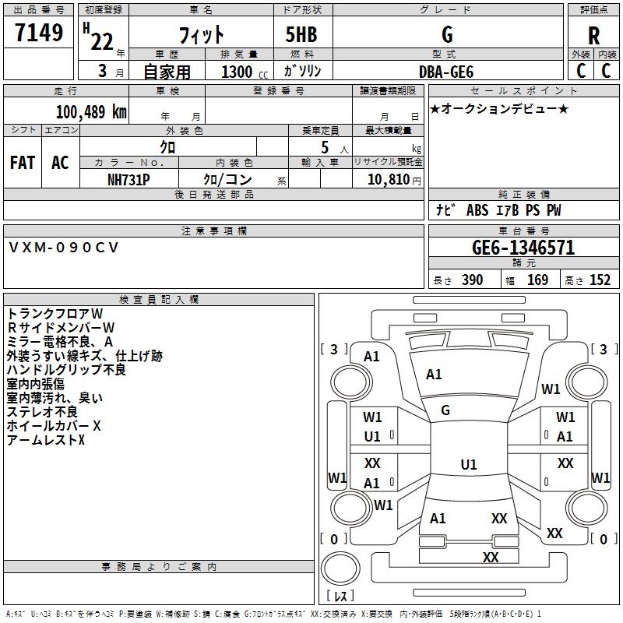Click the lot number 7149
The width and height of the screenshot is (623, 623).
click(x=39, y=35)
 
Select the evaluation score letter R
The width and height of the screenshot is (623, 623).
click(x=593, y=36)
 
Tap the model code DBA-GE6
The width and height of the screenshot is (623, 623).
click(x=445, y=71)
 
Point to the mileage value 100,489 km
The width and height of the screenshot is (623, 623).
click(x=91, y=111)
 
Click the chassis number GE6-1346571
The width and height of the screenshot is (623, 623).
click(x=523, y=248)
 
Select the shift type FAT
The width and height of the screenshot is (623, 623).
click(x=22, y=163)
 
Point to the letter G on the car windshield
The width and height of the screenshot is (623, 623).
click(x=445, y=410)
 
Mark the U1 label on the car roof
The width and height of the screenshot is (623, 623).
click(x=468, y=465)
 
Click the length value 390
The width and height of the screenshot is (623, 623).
click(x=472, y=280)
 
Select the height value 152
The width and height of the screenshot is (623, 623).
click(x=600, y=280)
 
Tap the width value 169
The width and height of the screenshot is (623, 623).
click(x=537, y=280)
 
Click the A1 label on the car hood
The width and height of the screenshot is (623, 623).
click(x=434, y=375)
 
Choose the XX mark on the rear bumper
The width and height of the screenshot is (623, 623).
click(x=491, y=557)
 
